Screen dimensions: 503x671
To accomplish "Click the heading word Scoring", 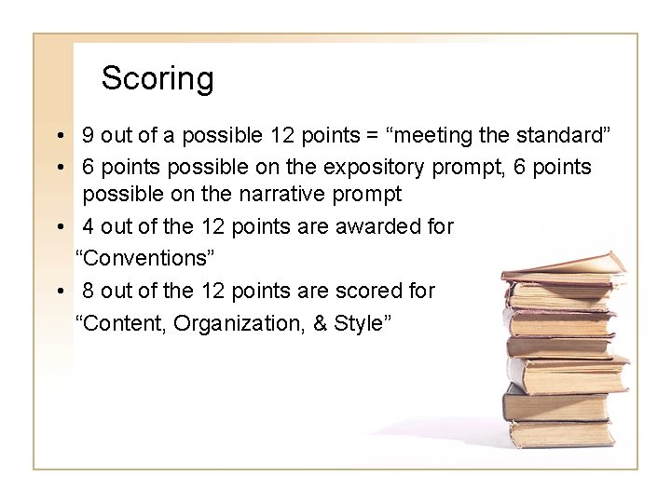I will coord(157,78).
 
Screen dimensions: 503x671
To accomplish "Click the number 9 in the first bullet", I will coord(88,135).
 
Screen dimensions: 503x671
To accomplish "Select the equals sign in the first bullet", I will coord(372,135).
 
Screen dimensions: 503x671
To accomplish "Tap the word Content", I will coord(122,322).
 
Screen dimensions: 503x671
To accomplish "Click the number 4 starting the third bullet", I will coord(88,226).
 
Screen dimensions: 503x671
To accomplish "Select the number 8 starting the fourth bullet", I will coord(88,292).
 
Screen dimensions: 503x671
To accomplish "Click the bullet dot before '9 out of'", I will coord(59,136).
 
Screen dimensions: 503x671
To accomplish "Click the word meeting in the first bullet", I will coord(445,135).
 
